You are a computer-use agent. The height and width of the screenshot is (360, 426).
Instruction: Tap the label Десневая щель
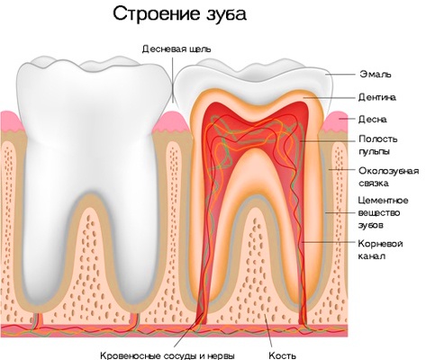click(x=177, y=49)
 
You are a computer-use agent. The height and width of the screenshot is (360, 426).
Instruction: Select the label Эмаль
click(x=376, y=74)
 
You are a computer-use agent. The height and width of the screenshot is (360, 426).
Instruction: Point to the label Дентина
click(x=377, y=97)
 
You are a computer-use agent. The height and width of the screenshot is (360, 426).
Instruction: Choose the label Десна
click(x=373, y=120)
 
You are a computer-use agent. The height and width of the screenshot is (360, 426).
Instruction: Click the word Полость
click(x=378, y=139)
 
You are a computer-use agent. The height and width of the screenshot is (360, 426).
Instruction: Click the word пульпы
click(x=374, y=151)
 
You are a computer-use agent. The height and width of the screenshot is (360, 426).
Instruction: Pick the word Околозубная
click(x=389, y=171)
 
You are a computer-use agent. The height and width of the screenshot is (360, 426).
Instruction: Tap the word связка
click(x=374, y=184)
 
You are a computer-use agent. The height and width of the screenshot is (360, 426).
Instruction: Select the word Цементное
click(x=384, y=201)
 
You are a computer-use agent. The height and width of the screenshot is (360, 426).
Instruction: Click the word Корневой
click(x=380, y=243)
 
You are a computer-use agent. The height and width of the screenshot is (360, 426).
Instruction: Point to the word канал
click(x=372, y=256)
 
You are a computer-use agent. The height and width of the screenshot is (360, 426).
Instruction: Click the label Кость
click(x=282, y=355)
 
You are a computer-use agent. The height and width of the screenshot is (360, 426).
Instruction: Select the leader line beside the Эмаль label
click(x=340, y=74)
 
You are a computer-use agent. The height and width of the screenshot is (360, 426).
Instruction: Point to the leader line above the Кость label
click(x=268, y=332)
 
